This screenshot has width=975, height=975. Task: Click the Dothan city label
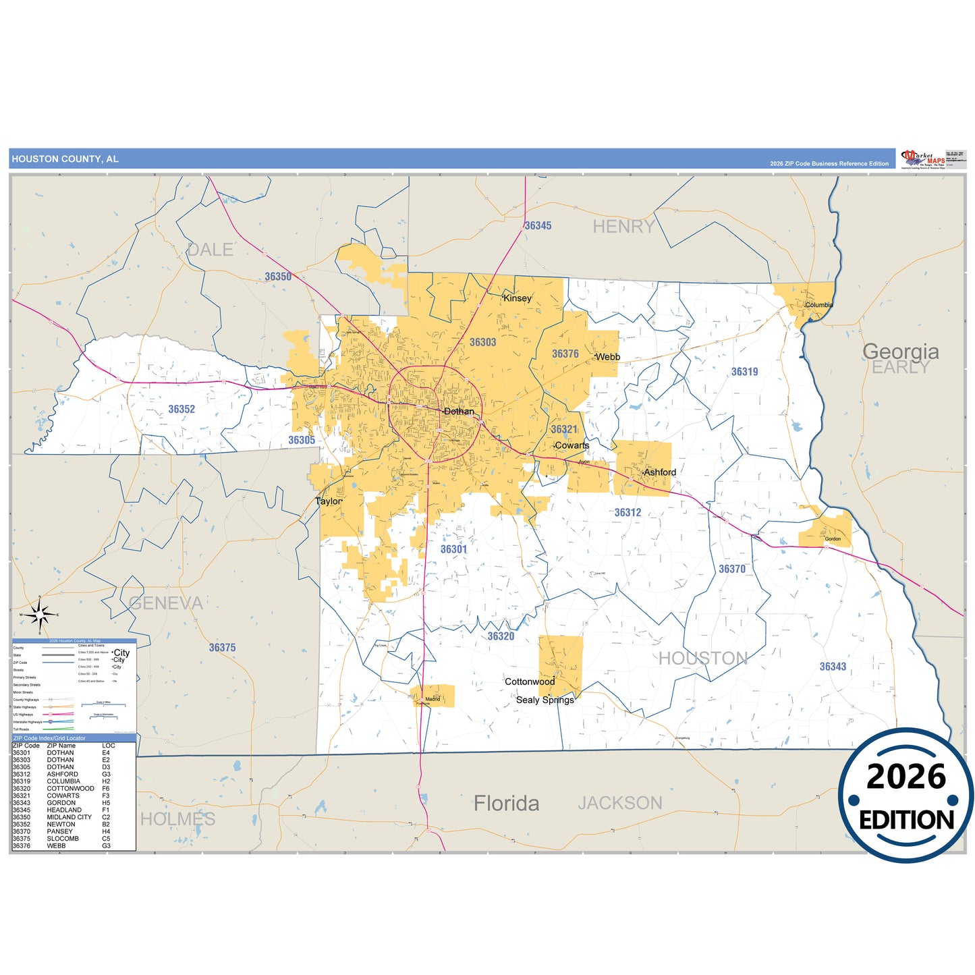click(459, 412)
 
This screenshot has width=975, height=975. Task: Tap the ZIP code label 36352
click(182, 410)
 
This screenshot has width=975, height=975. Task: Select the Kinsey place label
click(518, 298)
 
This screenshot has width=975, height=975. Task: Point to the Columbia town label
click(819, 305)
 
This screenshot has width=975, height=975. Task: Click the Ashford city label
click(659, 472)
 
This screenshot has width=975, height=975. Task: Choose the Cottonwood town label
click(530, 681)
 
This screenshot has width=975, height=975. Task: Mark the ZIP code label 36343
click(833, 667)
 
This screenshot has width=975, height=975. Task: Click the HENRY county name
click(623, 227)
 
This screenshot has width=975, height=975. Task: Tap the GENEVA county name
click(165, 603)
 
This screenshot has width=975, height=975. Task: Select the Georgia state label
click(900, 352)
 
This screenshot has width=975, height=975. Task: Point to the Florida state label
click(506, 804)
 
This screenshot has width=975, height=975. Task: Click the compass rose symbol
click(40, 615)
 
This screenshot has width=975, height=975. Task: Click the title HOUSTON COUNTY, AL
click(65, 159)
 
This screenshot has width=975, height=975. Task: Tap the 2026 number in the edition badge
click(906, 777)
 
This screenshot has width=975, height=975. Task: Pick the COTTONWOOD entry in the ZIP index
click(70, 789)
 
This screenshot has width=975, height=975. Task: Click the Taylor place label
click(329, 501)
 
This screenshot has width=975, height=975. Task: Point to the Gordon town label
click(833, 539)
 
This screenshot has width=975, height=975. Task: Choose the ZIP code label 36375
click(222, 648)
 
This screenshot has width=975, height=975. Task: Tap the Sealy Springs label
click(545, 700)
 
